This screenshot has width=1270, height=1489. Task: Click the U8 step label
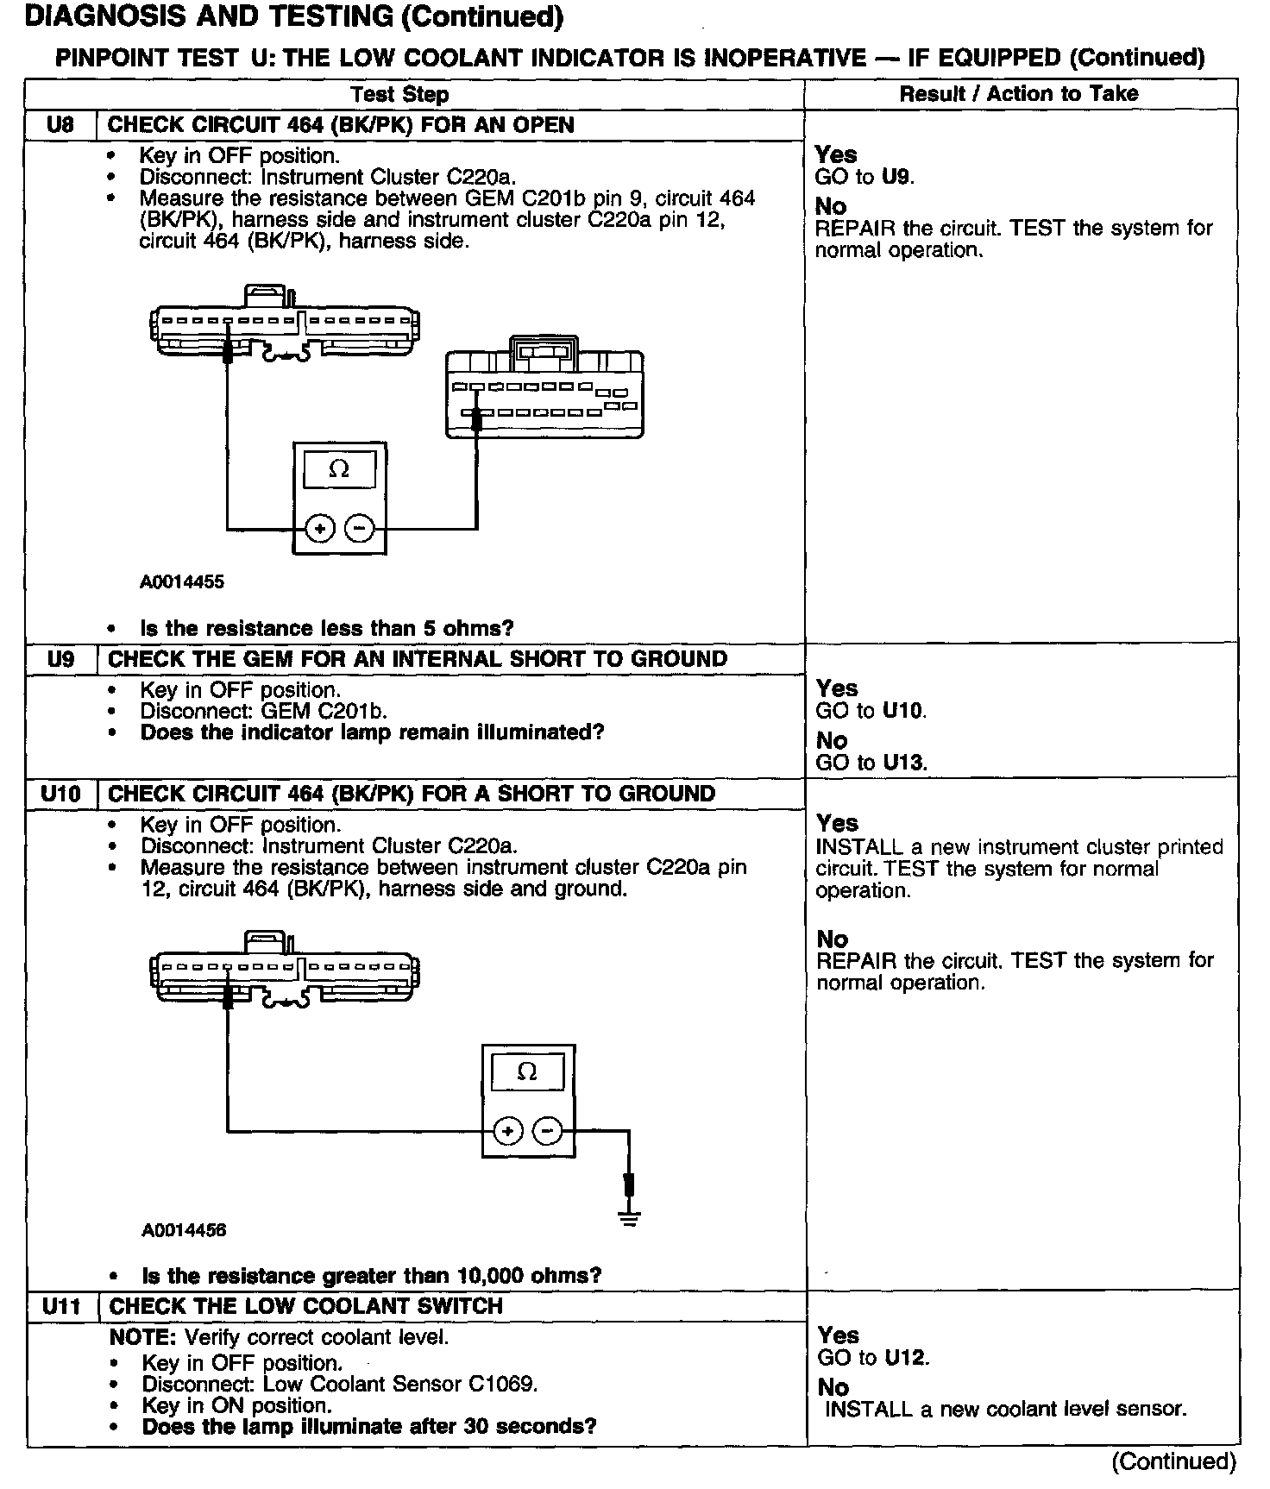60,125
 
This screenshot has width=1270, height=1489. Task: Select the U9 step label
60,660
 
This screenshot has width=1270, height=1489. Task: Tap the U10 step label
60,795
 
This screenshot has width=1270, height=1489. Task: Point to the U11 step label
61,1307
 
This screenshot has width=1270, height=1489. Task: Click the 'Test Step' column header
399,94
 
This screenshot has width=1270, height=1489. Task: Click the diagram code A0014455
182,581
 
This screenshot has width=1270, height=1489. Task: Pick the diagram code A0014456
184,1229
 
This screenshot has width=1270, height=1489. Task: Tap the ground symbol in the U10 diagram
630,1218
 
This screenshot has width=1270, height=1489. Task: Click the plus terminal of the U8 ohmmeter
319,528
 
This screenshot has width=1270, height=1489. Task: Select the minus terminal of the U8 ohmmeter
361,528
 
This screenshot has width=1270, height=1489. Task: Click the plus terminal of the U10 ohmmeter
508,1130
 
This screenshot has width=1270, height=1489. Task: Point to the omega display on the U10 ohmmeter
527,1072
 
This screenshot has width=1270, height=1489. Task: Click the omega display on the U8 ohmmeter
339,470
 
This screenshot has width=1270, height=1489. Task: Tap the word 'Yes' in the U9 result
837,688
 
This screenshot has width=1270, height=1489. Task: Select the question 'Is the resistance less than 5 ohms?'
327,628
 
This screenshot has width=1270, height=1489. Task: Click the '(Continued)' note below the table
1173,1461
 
